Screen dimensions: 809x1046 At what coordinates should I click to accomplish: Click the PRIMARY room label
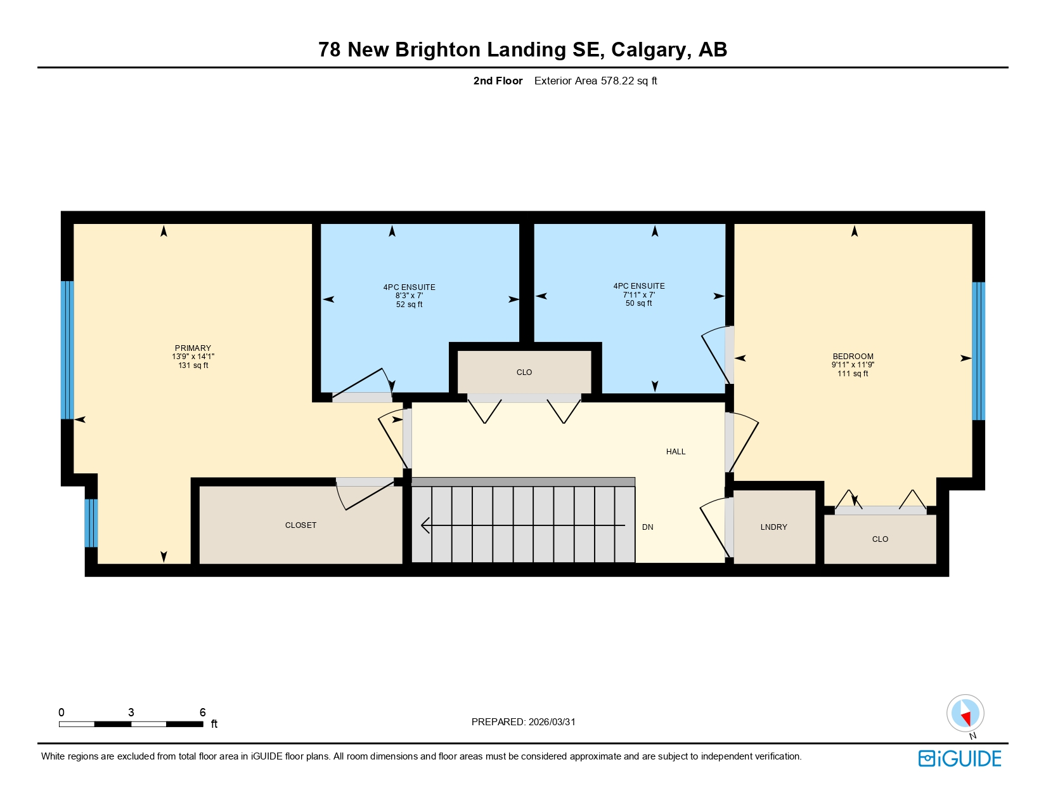(193, 348)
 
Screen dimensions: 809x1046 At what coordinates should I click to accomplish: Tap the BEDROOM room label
(853, 356)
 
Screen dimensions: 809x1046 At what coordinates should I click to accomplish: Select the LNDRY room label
(773, 527)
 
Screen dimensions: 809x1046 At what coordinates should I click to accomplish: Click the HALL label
(675, 452)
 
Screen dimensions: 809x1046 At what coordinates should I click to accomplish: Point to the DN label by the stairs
(647, 527)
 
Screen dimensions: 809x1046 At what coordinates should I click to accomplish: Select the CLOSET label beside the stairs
(300, 525)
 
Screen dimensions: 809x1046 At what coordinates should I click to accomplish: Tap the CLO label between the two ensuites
(524, 372)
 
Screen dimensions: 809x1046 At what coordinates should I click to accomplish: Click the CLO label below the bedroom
(880, 539)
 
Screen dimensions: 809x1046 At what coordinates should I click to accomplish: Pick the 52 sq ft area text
(409, 305)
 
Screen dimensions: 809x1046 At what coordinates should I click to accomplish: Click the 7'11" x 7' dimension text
(638, 294)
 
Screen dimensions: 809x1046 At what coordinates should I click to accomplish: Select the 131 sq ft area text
(193, 365)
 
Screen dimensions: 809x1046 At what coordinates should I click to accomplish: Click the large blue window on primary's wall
(67, 350)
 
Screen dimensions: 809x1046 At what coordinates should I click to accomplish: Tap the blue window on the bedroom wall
(978, 351)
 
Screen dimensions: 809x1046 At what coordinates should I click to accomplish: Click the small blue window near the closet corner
(91, 523)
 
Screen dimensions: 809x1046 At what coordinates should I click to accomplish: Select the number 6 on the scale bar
(202, 712)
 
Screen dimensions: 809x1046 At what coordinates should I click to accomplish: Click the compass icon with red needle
(965, 713)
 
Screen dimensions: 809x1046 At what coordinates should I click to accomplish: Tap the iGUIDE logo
(959, 758)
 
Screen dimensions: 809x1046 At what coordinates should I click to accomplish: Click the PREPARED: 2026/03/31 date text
(523, 721)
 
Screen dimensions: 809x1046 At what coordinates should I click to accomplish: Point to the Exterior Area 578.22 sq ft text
(595, 81)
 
